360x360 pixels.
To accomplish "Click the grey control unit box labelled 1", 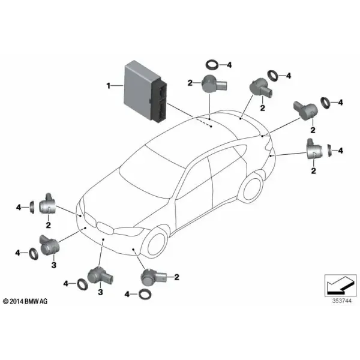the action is click(x=145, y=92).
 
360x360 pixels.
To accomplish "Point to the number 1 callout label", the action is click(x=109, y=86).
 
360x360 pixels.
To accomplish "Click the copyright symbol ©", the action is click(x=6, y=301).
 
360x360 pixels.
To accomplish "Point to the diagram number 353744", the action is click(x=341, y=301).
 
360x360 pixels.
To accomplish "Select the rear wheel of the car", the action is click(x=251, y=189).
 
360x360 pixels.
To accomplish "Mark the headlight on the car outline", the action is click(x=128, y=230).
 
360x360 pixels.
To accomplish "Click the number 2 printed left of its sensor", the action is click(x=190, y=83).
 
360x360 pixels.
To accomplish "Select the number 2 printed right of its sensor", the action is click(x=176, y=277).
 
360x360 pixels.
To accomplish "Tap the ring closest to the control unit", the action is click(x=212, y=65).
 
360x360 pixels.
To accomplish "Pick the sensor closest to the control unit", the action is click(x=214, y=84).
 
